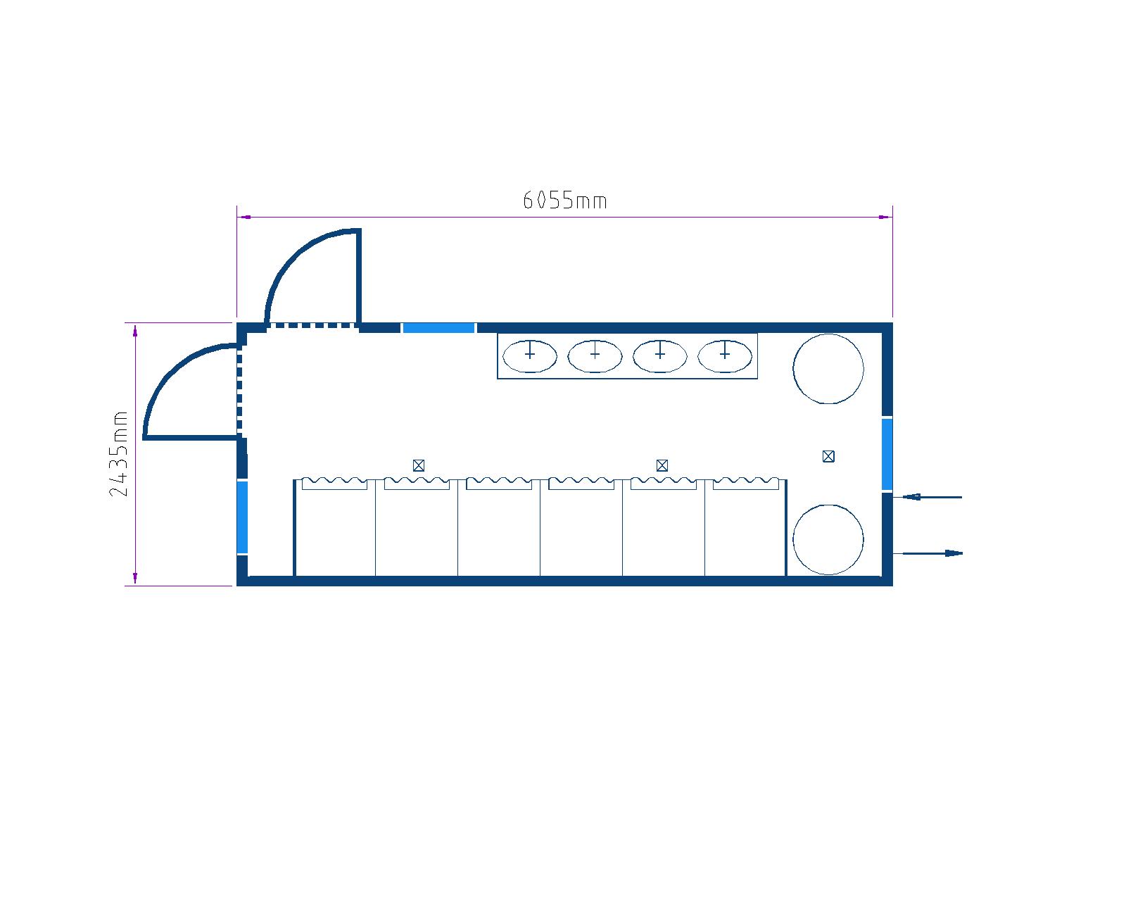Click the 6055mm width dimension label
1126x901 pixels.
point(564,201)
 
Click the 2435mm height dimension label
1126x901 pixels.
point(118,453)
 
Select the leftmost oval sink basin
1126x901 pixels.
point(529,356)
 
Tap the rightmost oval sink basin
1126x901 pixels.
point(725,356)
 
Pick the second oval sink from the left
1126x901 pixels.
point(595,356)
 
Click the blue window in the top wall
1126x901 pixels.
point(438,328)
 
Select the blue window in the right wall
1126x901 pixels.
point(887,454)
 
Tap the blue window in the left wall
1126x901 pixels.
point(242,517)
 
